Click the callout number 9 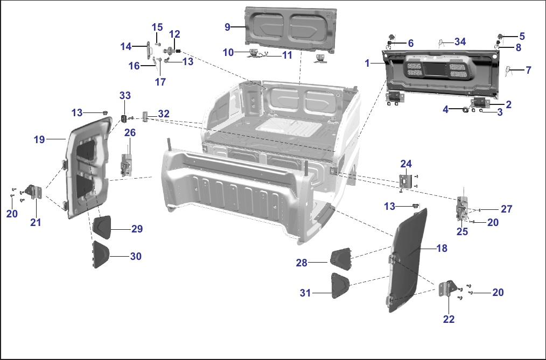[227, 27]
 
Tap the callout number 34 [460, 42]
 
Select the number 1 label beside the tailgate [367, 63]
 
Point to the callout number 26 [130, 132]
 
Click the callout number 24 [406, 164]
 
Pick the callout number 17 [160, 82]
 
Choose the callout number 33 [125, 95]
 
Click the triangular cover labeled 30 [101, 254]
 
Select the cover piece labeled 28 [340, 258]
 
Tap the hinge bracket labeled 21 [34, 192]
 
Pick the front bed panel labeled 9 [291, 29]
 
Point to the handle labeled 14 [149, 51]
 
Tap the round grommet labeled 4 [465, 110]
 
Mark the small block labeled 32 [145, 116]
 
